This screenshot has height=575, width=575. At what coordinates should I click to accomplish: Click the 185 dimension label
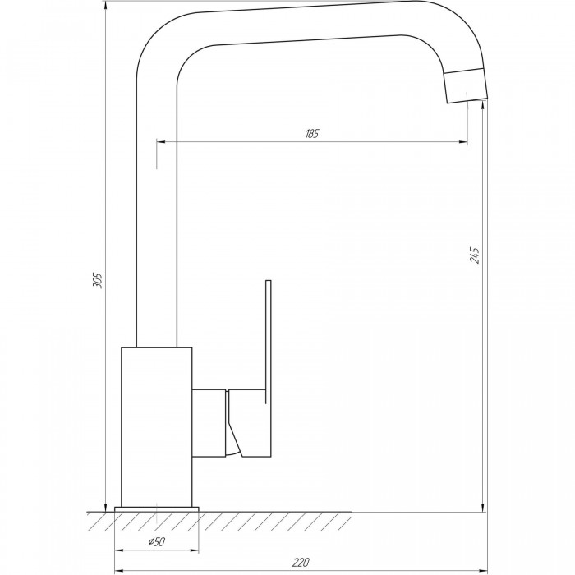tap(312, 133)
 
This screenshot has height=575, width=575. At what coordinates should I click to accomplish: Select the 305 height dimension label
tap(98, 280)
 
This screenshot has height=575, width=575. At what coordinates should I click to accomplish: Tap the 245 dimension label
tap(474, 255)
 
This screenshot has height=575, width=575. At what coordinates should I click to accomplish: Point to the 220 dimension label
tap(301, 562)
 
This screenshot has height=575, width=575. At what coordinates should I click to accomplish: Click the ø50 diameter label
tap(157, 541)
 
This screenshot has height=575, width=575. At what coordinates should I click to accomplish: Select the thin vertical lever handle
tap(268, 342)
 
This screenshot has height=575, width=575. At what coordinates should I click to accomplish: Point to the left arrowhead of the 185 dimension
tap(161, 141)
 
